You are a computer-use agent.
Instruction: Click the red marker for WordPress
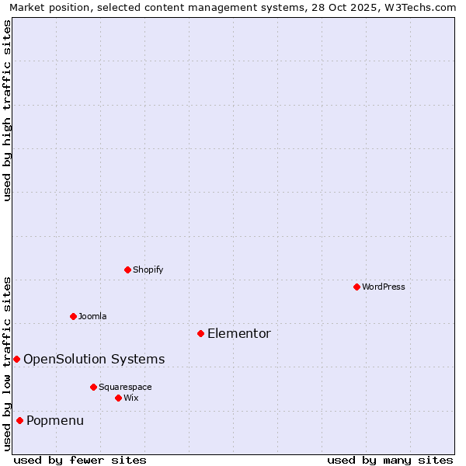point(356,287)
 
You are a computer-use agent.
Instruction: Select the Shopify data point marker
point(127,270)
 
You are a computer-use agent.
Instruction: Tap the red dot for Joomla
point(73,316)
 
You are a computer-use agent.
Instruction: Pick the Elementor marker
point(200,333)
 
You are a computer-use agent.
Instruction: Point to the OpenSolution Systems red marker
point(16,359)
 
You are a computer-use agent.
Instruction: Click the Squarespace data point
point(93,387)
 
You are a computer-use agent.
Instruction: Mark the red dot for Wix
point(118,398)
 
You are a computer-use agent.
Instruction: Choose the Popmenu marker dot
point(19,420)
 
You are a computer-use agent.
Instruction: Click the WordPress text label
point(384,287)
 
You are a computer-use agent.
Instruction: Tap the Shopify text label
point(148,270)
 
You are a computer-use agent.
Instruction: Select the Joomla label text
point(92,316)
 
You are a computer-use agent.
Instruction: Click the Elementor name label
point(239,334)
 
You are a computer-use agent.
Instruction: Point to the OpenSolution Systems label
point(94,359)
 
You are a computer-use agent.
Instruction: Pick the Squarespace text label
point(125,387)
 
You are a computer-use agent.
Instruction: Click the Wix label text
point(131,398)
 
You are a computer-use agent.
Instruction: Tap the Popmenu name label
point(55,421)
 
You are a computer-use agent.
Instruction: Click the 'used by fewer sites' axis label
point(80,460)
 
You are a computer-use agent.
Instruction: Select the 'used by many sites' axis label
point(390,460)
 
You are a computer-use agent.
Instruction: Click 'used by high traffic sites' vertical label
point(8,110)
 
